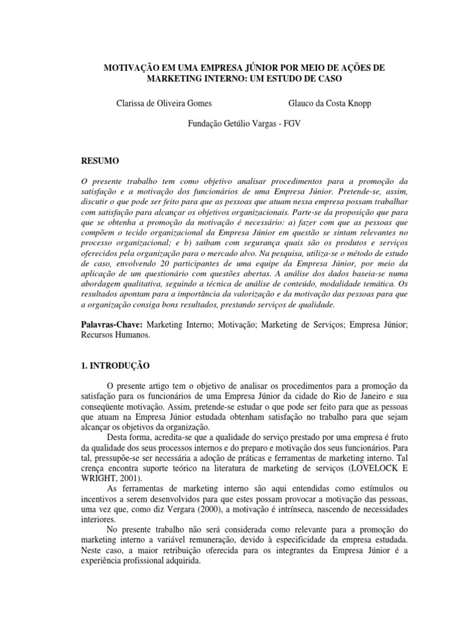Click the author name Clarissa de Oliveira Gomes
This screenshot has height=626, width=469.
click(164, 103)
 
